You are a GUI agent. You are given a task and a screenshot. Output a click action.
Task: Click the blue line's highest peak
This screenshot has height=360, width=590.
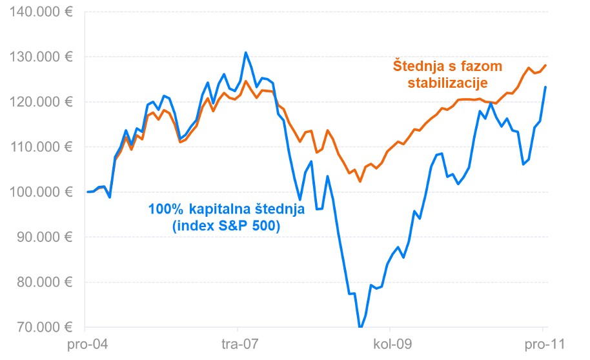[245, 52]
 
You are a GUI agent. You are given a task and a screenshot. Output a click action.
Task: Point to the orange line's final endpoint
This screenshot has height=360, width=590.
[546, 65]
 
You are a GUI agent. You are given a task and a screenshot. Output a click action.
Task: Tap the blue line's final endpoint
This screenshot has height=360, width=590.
[546, 87]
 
